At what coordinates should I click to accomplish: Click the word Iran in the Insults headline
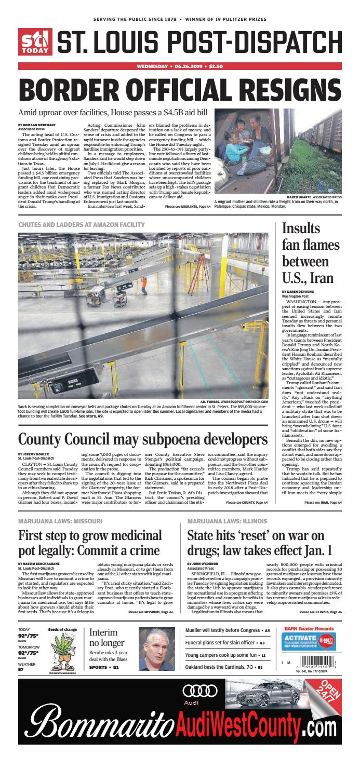point(320,277)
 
